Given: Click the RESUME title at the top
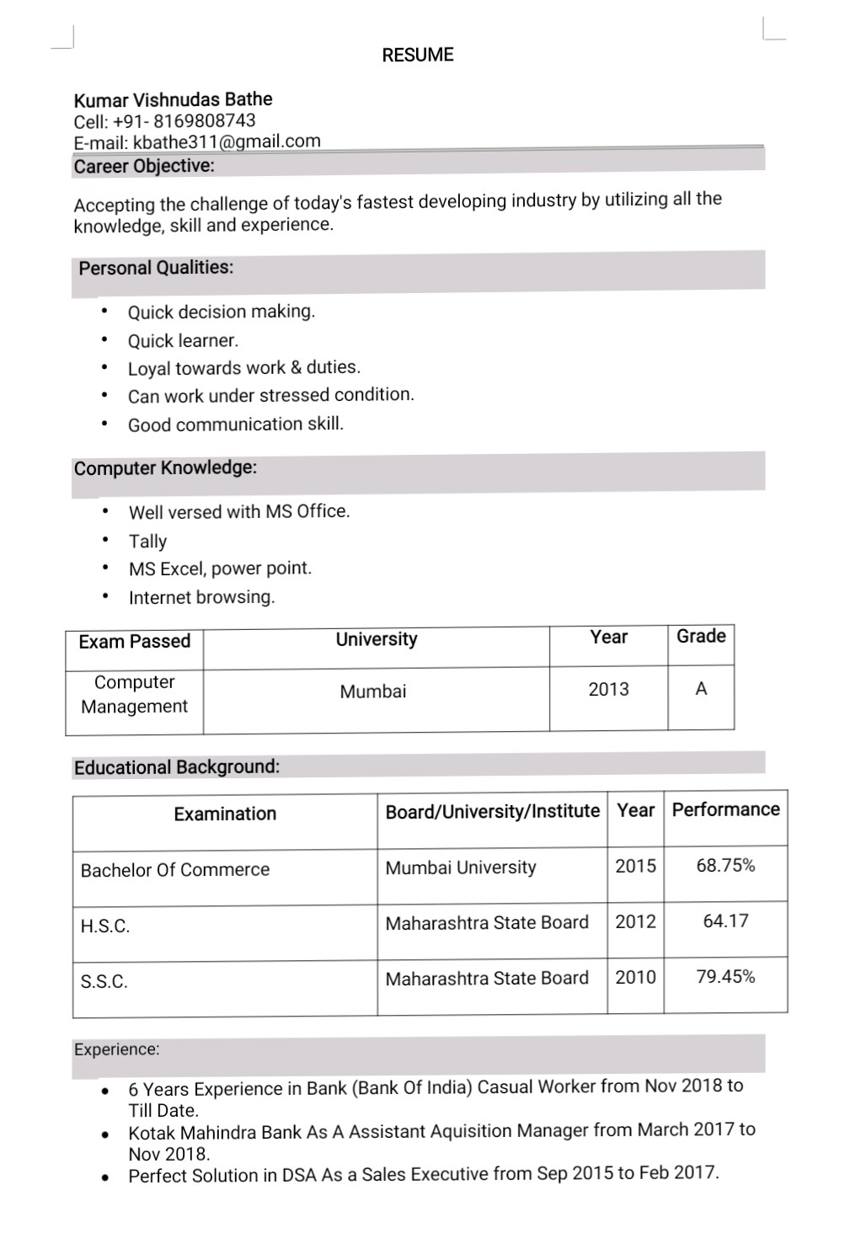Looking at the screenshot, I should point(417,56).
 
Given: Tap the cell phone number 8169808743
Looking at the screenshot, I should point(204,120).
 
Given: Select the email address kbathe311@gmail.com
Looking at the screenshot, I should point(227,141).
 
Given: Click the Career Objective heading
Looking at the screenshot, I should point(144,166).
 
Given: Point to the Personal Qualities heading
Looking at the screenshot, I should point(156,268).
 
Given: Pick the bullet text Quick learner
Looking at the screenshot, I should point(183,340).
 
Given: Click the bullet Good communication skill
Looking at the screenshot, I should point(236,424).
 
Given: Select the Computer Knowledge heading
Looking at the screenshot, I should point(165,467).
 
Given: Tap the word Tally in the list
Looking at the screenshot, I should point(147,541).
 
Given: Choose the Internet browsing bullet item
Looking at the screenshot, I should point(201,597).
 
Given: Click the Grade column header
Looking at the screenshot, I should point(701,636).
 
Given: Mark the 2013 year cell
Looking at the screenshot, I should point(608,689).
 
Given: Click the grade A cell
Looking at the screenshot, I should point(701,689).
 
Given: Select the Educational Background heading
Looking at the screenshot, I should point(177,767).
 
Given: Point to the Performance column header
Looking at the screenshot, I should point(725,809).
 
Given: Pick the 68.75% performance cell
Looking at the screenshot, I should point(725,865).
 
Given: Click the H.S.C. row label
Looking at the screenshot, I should point(105,926).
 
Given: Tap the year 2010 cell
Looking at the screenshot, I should point(635,977).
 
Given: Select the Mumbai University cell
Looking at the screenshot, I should point(460,867).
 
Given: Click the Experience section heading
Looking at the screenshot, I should point(116,1049).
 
